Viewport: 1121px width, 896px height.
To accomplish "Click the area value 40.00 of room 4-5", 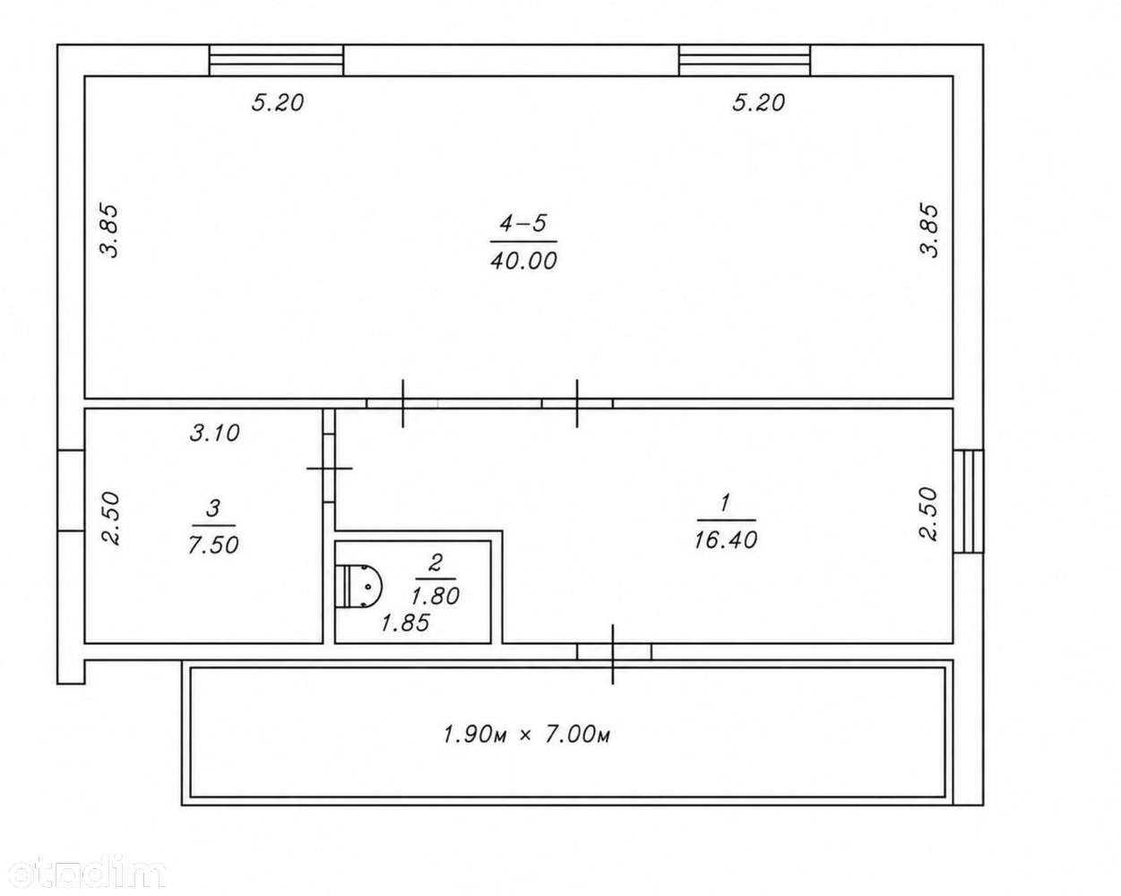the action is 523,261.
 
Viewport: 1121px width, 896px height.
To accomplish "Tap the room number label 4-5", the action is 523,223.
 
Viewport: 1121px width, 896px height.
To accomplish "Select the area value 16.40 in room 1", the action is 726,540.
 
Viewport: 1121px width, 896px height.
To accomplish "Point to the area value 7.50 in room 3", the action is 213,545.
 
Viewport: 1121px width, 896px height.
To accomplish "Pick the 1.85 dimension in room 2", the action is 405,623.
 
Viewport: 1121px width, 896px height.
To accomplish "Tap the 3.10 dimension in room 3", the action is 215,433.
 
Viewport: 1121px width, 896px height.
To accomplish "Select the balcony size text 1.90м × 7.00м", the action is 526,735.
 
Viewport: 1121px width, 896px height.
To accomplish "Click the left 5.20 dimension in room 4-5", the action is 278,103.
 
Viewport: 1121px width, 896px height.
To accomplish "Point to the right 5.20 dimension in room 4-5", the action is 758,103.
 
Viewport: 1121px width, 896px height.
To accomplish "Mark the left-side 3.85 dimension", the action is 110,231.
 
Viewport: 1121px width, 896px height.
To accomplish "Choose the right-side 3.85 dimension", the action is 930,231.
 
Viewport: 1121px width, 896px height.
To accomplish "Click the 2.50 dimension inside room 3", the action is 111,519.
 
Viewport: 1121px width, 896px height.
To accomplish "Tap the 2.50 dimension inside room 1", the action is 928,514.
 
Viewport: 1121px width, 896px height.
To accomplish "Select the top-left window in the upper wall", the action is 277,60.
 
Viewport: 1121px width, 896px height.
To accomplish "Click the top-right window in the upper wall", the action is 745,60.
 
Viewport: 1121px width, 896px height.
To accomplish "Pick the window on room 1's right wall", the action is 969,501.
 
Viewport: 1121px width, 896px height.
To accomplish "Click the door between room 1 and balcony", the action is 614,652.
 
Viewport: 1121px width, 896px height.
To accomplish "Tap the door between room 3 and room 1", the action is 329,468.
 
